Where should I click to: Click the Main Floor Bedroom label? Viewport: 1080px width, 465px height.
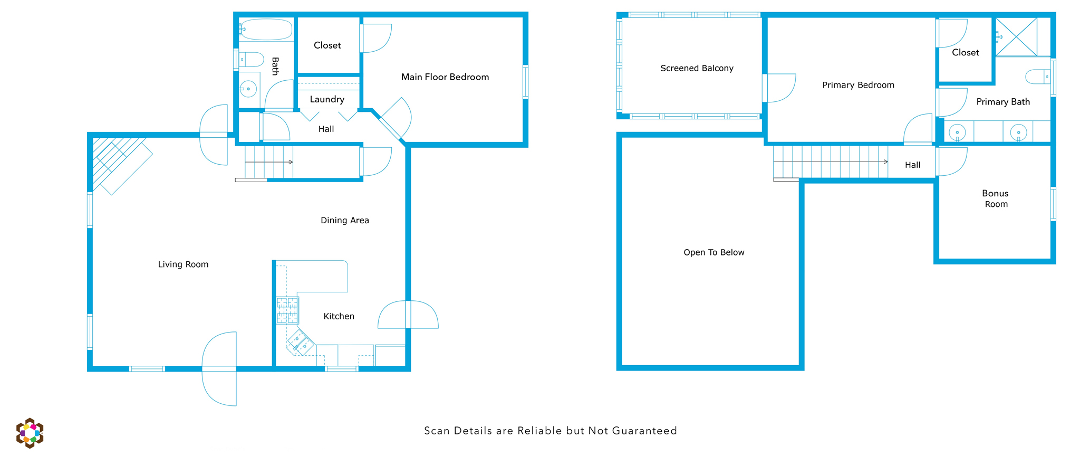coord(445,77)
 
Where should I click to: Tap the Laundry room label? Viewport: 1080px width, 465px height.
coord(327,99)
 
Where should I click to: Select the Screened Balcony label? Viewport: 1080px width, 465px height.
coord(697,68)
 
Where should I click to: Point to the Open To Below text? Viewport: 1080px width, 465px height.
coord(714,252)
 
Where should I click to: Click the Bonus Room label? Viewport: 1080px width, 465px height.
coord(996,198)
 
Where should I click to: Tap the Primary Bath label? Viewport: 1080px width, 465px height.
coord(1003,102)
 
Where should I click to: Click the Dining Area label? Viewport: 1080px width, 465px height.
coord(345,221)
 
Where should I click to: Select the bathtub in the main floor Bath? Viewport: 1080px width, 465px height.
coord(266,30)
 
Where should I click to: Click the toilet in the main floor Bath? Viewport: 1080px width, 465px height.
coord(251,59)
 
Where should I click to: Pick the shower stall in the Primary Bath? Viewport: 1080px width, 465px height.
coord(1016,36)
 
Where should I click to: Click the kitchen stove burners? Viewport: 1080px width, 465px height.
coord(287,310)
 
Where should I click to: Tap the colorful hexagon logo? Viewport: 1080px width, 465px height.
coord(30,433)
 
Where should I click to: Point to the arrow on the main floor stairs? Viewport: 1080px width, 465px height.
coord(269,162)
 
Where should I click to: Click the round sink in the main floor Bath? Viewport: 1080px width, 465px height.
coord(248,89)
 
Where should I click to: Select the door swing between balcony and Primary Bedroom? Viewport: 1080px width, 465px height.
coord(781,88)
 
